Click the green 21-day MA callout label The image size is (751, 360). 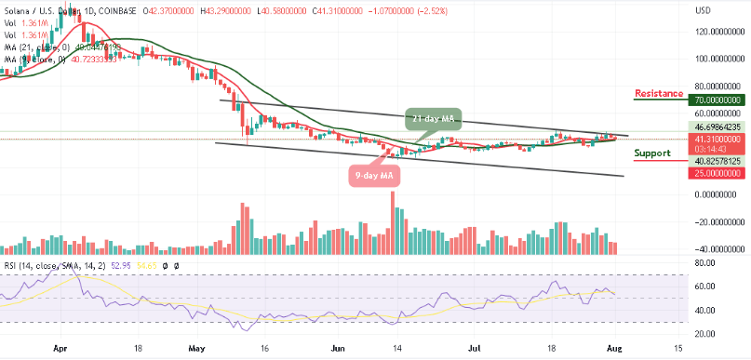435,118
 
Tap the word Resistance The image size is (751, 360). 660,93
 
